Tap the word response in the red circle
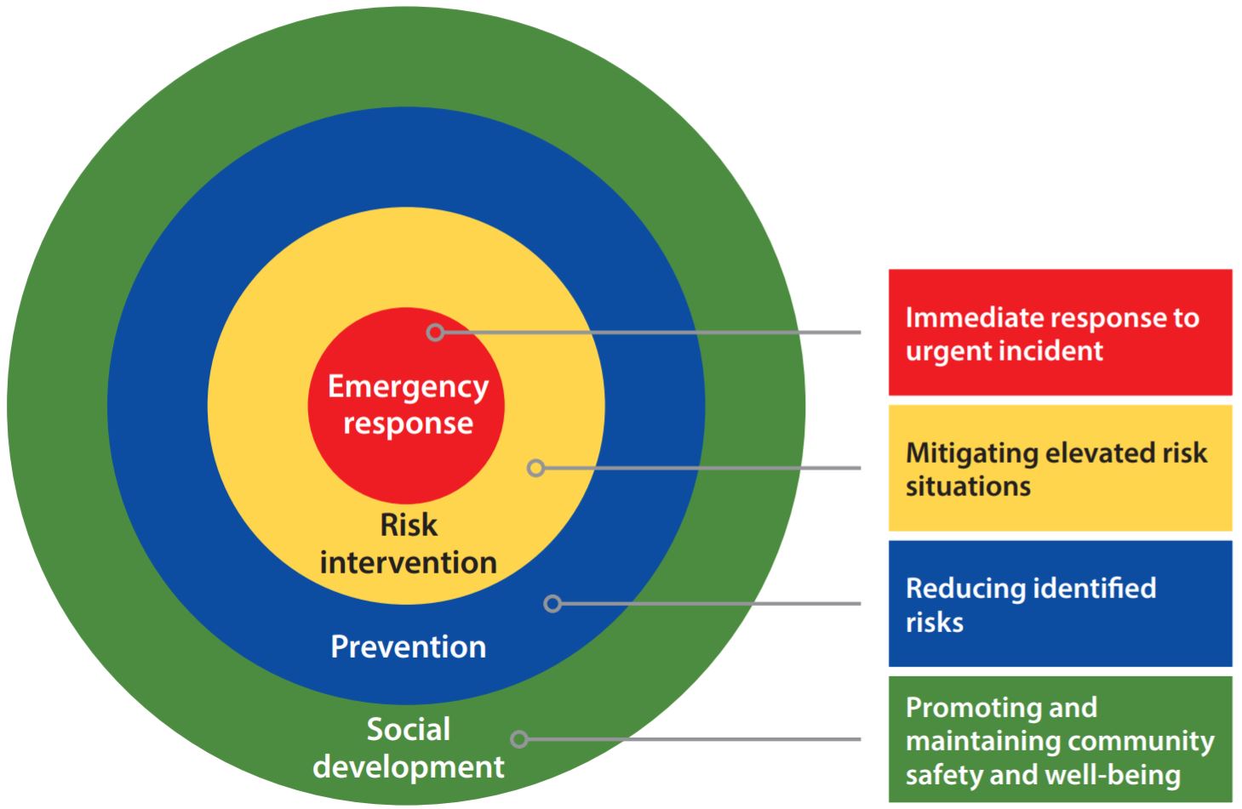[408, 424]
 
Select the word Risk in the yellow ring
[409, 525]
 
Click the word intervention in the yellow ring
[408, 562]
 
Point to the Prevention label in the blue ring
[408, 647]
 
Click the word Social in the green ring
[408, 729]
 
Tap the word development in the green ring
[408, 767]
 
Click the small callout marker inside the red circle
[435, 333]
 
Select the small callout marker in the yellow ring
[535, 468]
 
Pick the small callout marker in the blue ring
[552, 603]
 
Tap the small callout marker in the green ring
[519, 739]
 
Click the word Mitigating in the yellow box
[972, 454]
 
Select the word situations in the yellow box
[968, 487]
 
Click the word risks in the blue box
[935, 622]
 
